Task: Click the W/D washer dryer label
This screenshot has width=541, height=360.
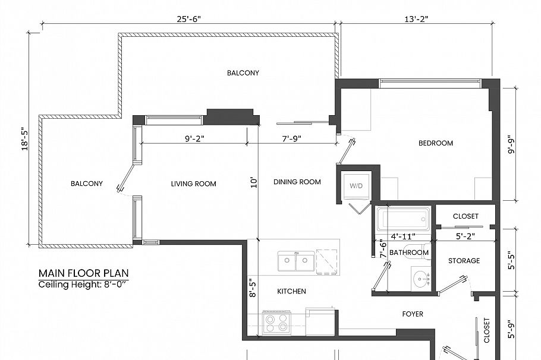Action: [x=356, y=186]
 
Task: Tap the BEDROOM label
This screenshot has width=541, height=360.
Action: [x=435, y=143]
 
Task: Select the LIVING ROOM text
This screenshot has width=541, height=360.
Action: [x=193, y=184]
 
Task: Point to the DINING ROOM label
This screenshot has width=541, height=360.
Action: [x=297, y=182]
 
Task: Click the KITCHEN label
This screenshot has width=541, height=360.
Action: [x=291, y=291]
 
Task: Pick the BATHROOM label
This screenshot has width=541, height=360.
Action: [x=409, y=252]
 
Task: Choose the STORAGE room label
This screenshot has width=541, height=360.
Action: [x=464, y=261]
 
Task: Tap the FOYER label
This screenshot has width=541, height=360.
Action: [x=413, y=314]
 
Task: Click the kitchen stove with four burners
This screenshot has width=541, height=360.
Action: [x=276, y=323]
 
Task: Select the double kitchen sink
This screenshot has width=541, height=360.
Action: [x=295, y=260]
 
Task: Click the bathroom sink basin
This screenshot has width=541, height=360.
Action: [x=422, y=278]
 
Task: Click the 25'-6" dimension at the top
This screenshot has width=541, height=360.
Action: [x=188, y=18]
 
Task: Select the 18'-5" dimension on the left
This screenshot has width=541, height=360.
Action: [x=24, y=138]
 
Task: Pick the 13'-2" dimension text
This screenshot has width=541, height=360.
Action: [x=416, y=18]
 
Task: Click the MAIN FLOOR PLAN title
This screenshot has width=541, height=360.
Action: [x=83, y=273]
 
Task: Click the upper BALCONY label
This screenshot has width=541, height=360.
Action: [x=243, y=73]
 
